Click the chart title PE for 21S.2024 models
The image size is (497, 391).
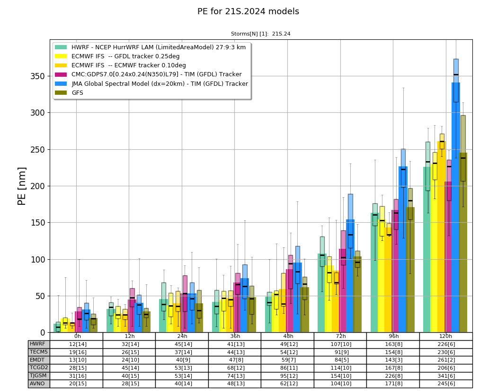click(248, 11)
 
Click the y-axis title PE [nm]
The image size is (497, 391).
click(22, 186)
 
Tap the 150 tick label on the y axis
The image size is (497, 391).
click(38, 223)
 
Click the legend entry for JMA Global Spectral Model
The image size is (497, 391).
click(151, 83)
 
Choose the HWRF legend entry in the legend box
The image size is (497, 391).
click(150, 47)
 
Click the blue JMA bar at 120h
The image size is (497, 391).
click(456, 207)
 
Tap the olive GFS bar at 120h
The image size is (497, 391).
click(463, 243)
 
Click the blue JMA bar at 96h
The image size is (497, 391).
click(403, 249)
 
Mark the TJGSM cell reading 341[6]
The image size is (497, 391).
click(446, 376)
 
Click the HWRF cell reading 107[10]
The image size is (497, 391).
click(340, 345)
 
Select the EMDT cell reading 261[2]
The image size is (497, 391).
click(446, 360)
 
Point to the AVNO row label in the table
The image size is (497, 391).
click(38, 383)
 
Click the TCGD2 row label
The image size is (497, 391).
click(38, 368)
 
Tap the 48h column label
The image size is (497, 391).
click(288, 336)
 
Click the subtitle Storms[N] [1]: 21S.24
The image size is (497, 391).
click(260, 34)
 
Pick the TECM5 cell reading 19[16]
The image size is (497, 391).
click(76, 352)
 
